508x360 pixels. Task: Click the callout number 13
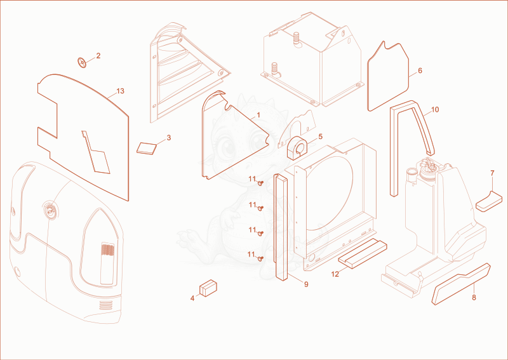(x=120, y=91)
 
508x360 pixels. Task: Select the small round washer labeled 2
(x=82, y=62)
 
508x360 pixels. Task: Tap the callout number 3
(x=169, y=138)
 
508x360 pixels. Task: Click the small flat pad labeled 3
(x=147, y=148)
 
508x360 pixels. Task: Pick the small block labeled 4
(x=208, y=288)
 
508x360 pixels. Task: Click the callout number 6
(x=420, y=70)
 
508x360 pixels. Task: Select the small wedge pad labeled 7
(x=489, y=201)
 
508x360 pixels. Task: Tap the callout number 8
(x=474, y=298)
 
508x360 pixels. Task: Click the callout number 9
(x=306, y=284)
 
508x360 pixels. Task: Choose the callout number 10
(x=435, y=110)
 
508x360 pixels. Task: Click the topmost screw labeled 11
(x=260, y=183)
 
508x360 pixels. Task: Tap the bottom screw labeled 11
(x=259, y=258)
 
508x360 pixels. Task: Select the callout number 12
(x=335, y=274)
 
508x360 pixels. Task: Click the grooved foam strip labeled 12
(x=363, y=253)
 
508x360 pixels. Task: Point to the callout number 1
(x=258, y=115)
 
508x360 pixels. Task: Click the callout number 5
(x=321, y=137)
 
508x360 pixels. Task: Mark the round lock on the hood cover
(x=50, y=211)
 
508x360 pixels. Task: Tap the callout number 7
(x=493, y=173)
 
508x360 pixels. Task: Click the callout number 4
(x=192, y=298)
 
